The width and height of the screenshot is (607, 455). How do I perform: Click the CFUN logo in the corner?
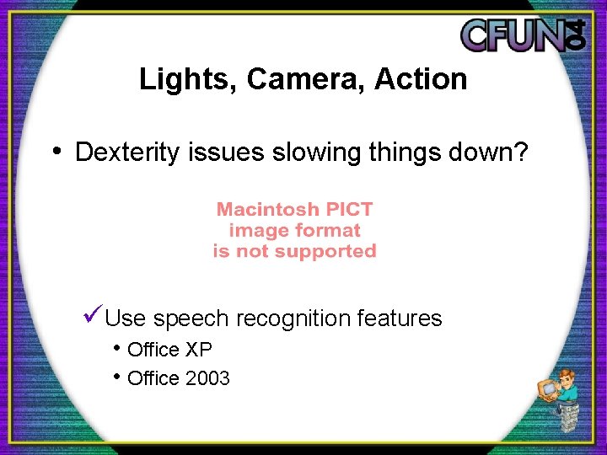pyautogui.click(x=523, y=35)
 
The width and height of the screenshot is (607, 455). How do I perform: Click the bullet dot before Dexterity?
pyautogui.click(x=56, y=152)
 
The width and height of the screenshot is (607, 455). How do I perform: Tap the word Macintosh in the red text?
pyautogui.click(x=268, y=209)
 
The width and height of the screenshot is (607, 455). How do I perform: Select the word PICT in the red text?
pyautogui.click(x=349, y=209)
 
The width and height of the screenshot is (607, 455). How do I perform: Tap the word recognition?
pyautogui.click(x=293, y=318)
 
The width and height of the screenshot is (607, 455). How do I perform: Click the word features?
pyautogui.click(x=400, y=318)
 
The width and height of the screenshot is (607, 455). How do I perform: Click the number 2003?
pyautogui.click(x=207, y=378)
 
